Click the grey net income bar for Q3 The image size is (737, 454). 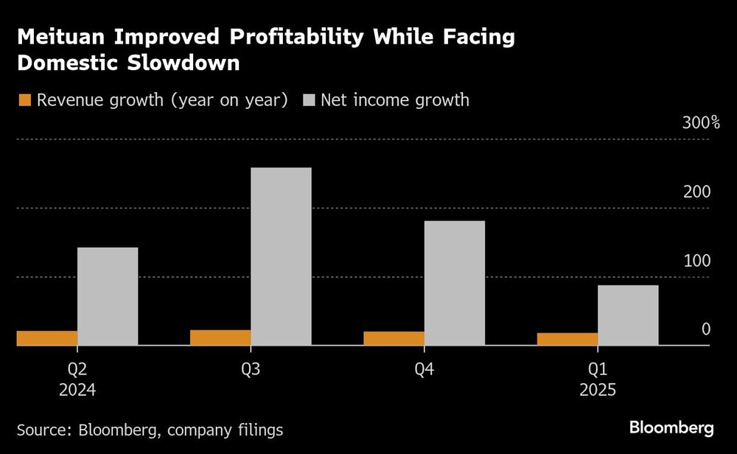(x=281, y=256)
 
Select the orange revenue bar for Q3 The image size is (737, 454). (x=220, y=338)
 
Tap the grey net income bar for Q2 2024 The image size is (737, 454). (x=108, y=296)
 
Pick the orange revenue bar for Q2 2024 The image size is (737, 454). (x=46, y=338)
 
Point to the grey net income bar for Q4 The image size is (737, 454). (x=455, y=282)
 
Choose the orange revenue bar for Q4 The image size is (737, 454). (x=394, y=338)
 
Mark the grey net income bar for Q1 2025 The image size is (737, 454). (x=628, y=315)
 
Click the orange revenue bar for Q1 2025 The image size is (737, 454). (x=567, y=339)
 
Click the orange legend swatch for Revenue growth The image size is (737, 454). (x=24, y=100)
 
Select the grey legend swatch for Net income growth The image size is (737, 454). (x=308, y=100)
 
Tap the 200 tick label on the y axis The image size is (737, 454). (x=696, y=192)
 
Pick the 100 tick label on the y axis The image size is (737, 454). (x=696, y=261)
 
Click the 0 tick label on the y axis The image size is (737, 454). (x=705, y=329)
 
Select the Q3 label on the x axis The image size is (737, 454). (x=251, y=369)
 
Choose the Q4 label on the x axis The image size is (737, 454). (x=424, y=369)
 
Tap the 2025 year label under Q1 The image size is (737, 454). (x=598, y=390)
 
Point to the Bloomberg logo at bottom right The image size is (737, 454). (x=671, y=427)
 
